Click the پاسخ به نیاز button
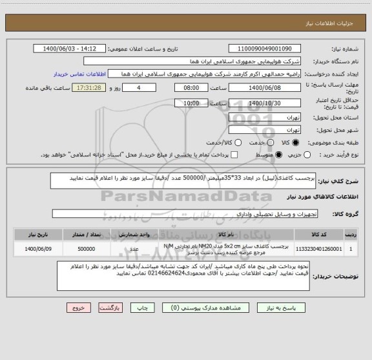click(278, 308)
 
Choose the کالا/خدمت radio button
click(238, 142)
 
